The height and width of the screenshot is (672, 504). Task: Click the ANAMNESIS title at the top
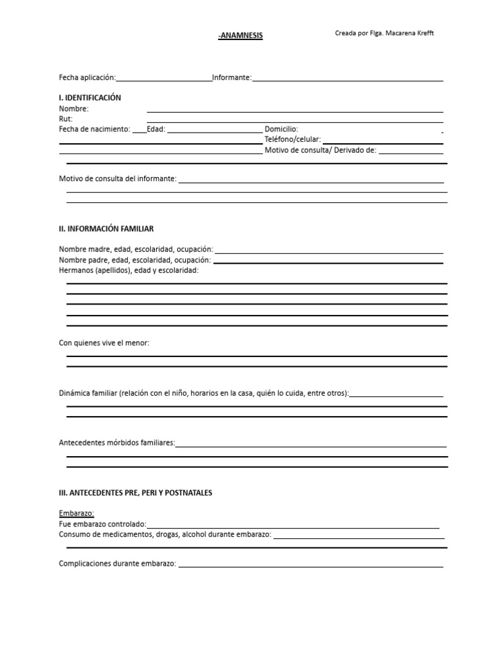241,36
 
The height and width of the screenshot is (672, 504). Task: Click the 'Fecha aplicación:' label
87,77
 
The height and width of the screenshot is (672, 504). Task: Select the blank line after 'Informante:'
348,80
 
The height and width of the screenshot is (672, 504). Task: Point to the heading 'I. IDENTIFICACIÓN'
90,98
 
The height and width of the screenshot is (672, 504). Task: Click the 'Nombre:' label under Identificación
73,109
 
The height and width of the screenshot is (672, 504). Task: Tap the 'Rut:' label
66,119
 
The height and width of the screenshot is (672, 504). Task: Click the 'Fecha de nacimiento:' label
94,129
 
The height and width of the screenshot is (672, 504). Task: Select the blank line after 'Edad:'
215,131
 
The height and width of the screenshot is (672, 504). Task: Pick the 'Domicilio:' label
281,129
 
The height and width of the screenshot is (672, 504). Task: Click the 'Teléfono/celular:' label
293,140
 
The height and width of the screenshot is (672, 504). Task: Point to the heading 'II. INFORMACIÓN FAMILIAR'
106,229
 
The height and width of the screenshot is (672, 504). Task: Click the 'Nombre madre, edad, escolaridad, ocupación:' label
136,249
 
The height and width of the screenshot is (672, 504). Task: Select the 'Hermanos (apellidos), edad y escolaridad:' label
129,270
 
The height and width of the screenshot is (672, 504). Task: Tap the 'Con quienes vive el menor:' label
104,343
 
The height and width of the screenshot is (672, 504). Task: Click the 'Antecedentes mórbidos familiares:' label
117,443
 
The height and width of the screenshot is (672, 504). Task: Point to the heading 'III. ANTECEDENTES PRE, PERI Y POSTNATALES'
136,493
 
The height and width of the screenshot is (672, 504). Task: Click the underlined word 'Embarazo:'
77,513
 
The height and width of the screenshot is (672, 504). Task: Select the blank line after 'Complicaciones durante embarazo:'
310,566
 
